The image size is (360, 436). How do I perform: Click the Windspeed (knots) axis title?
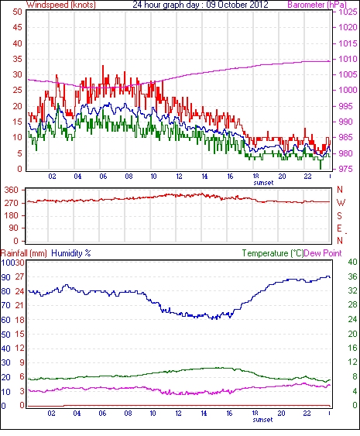pos(61,5)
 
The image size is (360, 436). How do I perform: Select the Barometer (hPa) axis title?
pos(317,5)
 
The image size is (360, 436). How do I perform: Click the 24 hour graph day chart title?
pos(201,5)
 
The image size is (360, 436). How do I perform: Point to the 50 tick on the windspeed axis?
pos(17,12)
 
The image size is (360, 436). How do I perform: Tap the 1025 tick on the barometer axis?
pos(348,12)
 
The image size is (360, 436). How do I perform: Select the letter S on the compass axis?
pos(339,215)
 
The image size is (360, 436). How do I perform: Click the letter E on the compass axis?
pos(339,228)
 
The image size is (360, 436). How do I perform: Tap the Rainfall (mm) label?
pos(24,253)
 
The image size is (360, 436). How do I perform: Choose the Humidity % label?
pos(71,253)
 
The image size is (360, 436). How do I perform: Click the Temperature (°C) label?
pos(273,253)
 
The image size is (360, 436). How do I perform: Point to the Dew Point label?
pos(323,253)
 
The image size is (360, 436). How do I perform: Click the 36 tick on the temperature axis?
pos(352,276)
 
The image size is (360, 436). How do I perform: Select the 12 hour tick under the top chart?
pos(179,177)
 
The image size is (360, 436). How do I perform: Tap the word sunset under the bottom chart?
pos(262,420)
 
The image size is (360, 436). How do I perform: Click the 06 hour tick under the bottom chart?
pos(102,414)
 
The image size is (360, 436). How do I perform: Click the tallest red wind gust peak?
pos(103,66)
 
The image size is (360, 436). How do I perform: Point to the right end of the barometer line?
pos(330,61)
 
